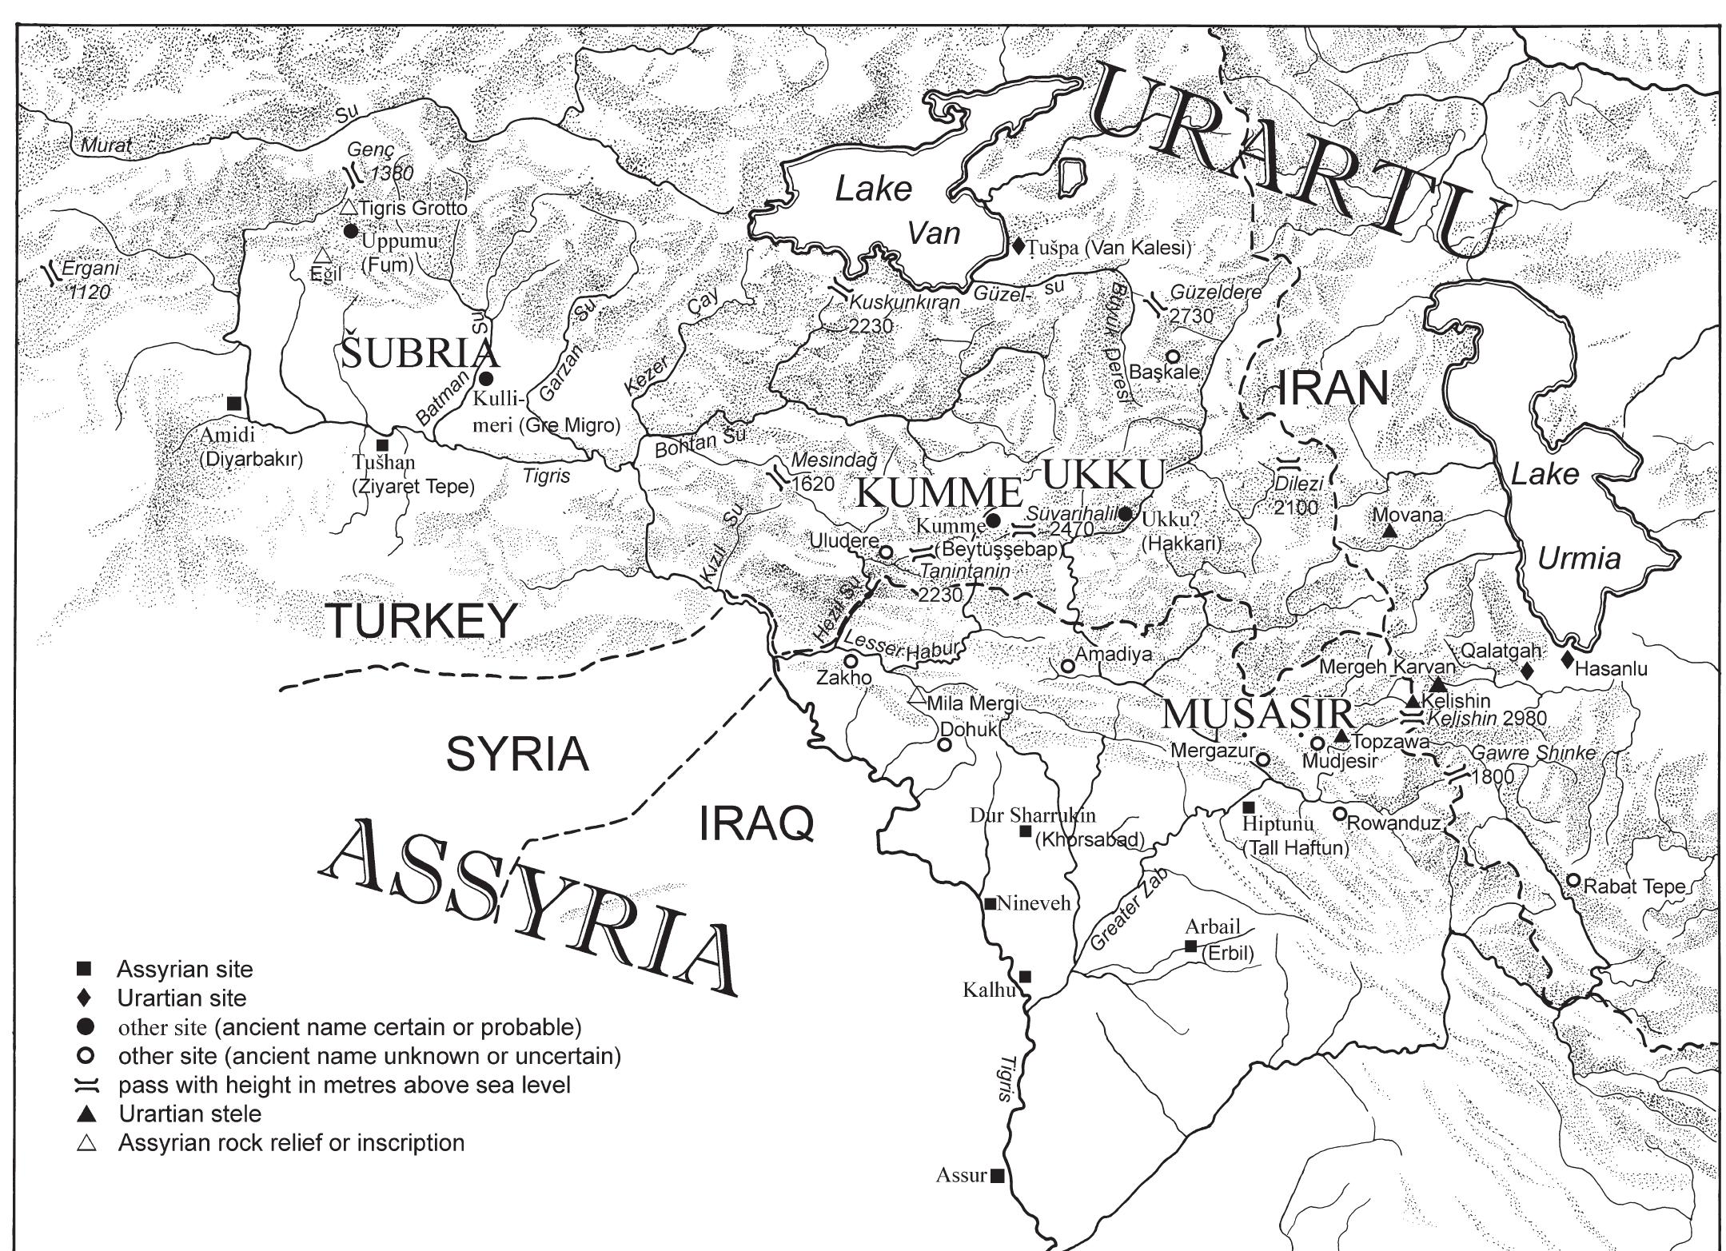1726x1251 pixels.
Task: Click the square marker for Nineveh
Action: coord(990,903)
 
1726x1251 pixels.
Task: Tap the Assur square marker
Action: coord(997,1175)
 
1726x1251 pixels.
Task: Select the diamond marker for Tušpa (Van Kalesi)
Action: coord(1018,246)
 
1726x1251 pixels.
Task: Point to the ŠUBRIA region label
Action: coord(420,353)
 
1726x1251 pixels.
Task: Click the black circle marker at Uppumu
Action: coord(349,231)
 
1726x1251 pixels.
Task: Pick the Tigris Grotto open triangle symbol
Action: coord(348,207)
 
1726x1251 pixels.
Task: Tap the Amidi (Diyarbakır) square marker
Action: coord(233,403)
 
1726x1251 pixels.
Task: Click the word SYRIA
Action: coord(517,755)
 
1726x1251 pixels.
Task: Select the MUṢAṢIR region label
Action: coord(1258,714)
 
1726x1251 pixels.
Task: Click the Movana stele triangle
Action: coord(1389,531)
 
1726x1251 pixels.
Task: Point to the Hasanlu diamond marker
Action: coord(1567,659)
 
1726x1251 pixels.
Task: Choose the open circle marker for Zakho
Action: coord(851,661)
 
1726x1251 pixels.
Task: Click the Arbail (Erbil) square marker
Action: coord(1190,946)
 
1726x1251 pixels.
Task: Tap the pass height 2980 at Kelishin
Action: coord(1525,718)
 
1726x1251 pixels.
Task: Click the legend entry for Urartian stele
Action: coord(190,1114)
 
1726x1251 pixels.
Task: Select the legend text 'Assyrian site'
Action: coord(185,970)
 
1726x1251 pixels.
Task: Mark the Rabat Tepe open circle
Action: coord(1573,880)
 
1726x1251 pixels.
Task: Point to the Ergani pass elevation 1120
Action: coord(90,293)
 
